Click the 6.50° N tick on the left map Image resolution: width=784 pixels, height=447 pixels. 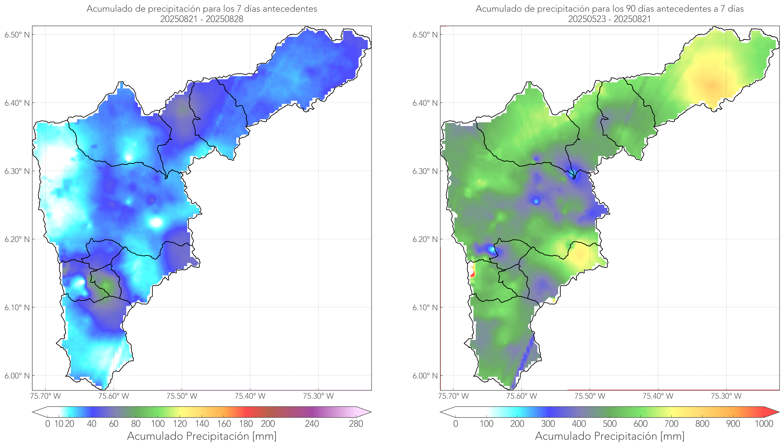[17, 35]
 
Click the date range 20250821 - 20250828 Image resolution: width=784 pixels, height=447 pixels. [202, 19]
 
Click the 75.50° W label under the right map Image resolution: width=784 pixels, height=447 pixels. [590, 396]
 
